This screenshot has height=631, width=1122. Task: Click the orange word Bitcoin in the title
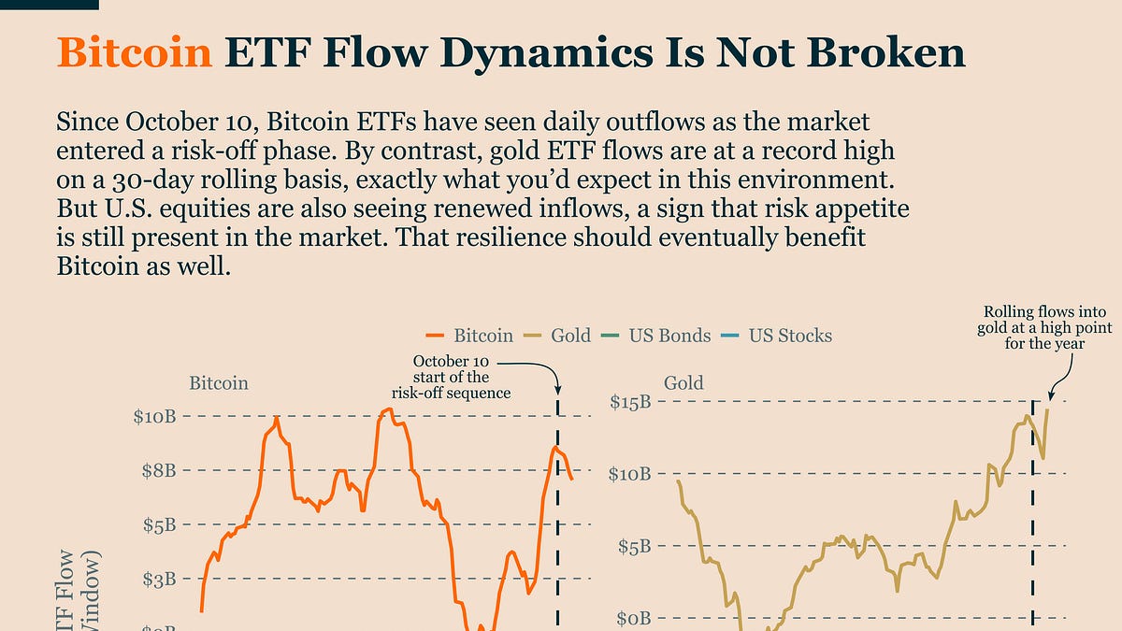pyautogui.click(x=134, y=53)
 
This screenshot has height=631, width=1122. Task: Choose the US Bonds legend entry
pyautogui.click(x=658, y=335)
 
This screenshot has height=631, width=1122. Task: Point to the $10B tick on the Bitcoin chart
pyautogui.click(x=154, y=416)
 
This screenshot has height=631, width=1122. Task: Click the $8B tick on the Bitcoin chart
pyautogui.click(x=158, y=470)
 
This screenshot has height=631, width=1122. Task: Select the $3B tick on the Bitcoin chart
pyautogui.click(x=158, y=580)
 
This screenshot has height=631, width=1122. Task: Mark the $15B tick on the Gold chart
pyautogui.click(x=631, y=402)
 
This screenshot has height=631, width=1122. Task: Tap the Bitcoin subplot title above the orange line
pyautogui.click(x=219, y=383)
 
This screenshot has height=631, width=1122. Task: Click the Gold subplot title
pyautogui.click(x=683, y=382)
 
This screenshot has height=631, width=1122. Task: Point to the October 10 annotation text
pyautogui.click(x=452, y=377)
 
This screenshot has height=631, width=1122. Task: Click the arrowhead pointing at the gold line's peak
pyautogui.click(x=1051, y=396)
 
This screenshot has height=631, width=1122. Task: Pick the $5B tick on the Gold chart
pyautogui.click(x=635, y=546)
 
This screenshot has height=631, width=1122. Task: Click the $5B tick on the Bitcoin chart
pyautogui.click(x=158, y=525)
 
